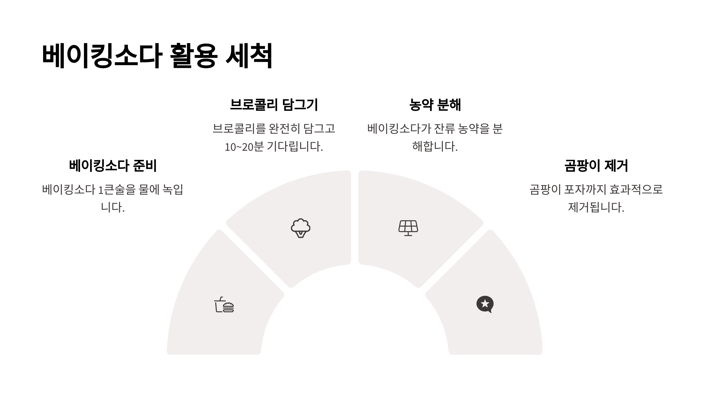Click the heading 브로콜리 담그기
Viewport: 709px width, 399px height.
tap(274, 105)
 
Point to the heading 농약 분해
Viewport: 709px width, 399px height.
tap(435, 105)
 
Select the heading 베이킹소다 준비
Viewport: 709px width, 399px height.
tap(113, 166)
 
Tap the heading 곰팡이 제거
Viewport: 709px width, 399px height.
tap(596, 166)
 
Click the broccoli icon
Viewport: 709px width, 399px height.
tap(300, 228)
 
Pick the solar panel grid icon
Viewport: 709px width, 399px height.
tap(408, 228)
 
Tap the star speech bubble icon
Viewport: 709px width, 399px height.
tap(485, 304)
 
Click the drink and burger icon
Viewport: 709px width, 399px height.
tap(224, 305)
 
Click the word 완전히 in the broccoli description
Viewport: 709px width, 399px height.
tap(284, 129)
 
